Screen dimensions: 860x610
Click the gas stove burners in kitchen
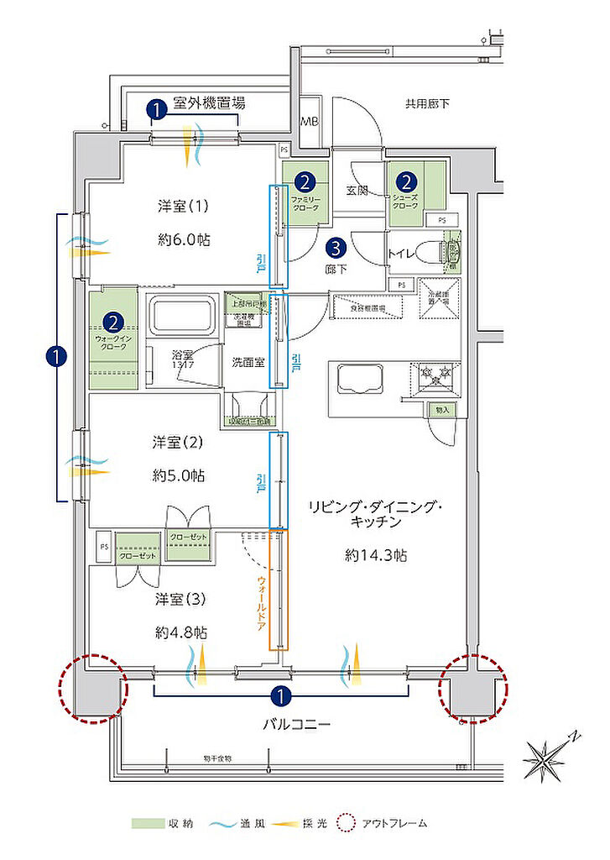click(x=436, y=375)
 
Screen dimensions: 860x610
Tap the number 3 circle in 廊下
click(x=335, y=248)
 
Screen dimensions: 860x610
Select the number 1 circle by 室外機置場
click(x=155, y=108)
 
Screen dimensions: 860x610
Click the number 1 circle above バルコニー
click(x=280, y=695)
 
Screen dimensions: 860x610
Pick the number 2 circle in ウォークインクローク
click(x=112, y=322)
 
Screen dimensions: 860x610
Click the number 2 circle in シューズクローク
click(x=406, y=181)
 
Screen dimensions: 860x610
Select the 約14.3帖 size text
click(x=376, y=555)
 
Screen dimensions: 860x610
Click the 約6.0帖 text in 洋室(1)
click(x=183, y=240)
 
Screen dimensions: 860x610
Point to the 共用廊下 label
click(x=427, y=104)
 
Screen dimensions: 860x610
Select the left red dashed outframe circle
click(x=92, y=687)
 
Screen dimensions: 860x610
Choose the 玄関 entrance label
click(x=357, y=191)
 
